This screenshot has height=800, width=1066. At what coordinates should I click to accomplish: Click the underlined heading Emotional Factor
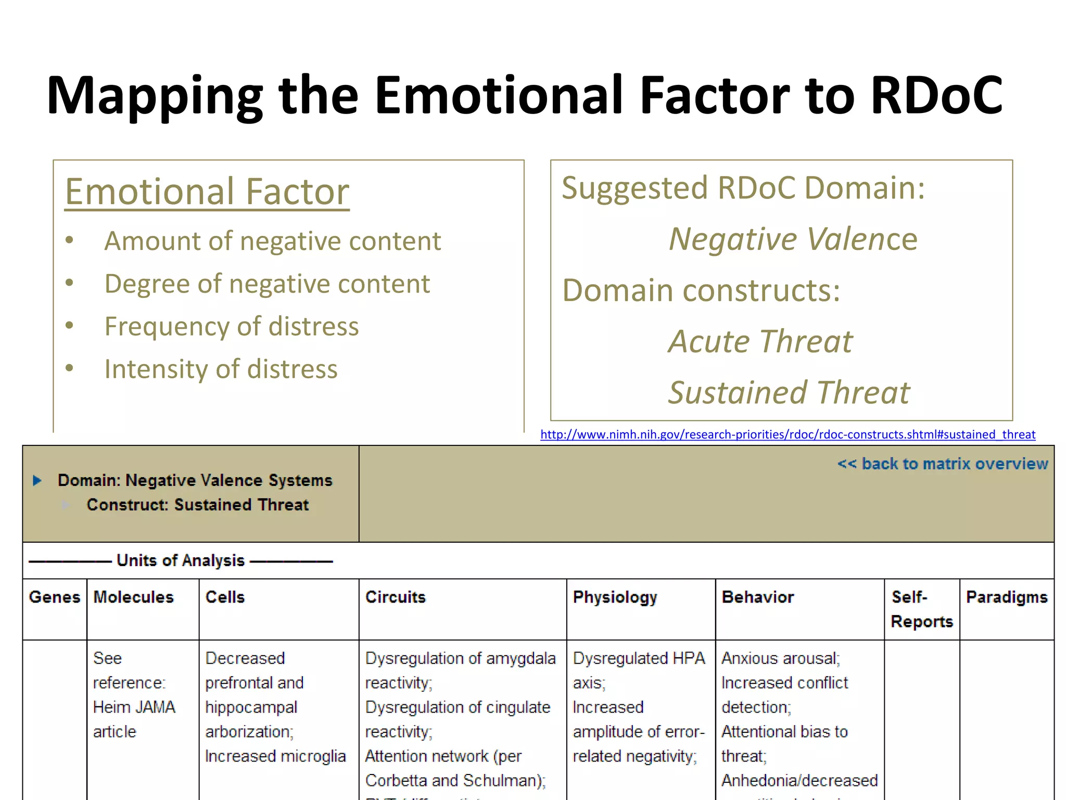(207, 192)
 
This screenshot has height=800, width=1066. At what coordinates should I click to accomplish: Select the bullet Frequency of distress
(232, 327)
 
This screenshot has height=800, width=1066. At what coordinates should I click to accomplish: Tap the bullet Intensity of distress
(221, 369)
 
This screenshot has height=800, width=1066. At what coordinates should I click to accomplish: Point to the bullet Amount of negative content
(272, 241)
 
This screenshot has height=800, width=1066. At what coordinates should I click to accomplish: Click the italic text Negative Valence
(793, 239)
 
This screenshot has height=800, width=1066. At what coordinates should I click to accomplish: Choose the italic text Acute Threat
(760, 342)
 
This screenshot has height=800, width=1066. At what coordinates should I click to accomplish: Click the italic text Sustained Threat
(789, 393)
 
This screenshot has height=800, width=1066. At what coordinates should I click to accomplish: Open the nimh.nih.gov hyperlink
(788, 434)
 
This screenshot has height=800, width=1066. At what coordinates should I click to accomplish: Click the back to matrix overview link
(942, 464)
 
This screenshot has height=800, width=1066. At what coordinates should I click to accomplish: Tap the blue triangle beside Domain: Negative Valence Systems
(37, 480)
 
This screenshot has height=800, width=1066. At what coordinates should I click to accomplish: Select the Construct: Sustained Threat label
(198, 505)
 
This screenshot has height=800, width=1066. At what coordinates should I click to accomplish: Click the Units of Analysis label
(180, 560)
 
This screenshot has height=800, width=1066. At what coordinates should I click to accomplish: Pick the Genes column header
(54, 597)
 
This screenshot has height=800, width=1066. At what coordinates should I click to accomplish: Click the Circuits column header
(395, 597)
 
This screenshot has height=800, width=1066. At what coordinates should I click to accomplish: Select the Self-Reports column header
(921, 609)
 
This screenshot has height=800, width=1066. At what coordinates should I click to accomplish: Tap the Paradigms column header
(1006, 597)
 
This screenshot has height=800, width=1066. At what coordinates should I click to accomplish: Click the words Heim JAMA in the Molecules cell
(134, 707)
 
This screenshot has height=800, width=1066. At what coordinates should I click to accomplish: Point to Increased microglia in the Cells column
(275, 756)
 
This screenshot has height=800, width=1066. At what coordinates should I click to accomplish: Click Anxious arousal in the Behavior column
(780, 658)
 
